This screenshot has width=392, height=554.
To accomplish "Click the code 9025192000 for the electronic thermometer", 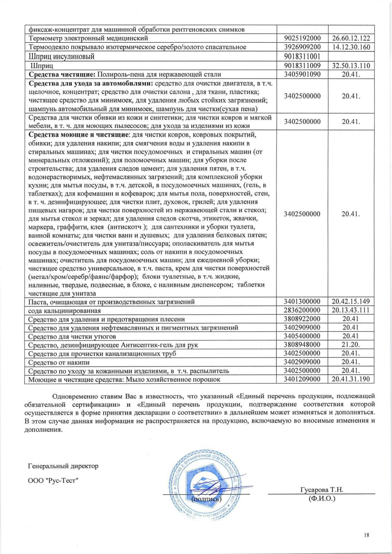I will coord(302,39).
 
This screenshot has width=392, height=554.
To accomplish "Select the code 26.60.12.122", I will coord(351,39).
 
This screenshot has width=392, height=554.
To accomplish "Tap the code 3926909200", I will coord(302,47).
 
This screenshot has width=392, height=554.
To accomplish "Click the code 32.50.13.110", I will coord(351,66).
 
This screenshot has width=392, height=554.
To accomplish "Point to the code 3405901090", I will coord(302,74).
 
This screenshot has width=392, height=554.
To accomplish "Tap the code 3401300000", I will coord(302,301).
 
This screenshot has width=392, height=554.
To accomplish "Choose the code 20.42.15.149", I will coord(351,301).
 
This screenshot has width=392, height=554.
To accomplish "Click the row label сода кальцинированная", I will coord(64,311).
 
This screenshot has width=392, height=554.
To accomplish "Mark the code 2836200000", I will coord(302,310).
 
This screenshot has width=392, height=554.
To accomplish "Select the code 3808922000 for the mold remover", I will coord(302,319).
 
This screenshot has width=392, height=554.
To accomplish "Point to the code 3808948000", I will coord(302,345).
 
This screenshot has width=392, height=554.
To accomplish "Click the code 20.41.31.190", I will coord(351,379).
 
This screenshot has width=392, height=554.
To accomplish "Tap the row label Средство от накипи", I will coord(59,362).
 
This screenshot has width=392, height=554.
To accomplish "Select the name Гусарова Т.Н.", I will coord(322,490).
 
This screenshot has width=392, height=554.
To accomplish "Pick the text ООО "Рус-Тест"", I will coord(53,480).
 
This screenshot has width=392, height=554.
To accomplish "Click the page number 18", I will coord(367,535).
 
